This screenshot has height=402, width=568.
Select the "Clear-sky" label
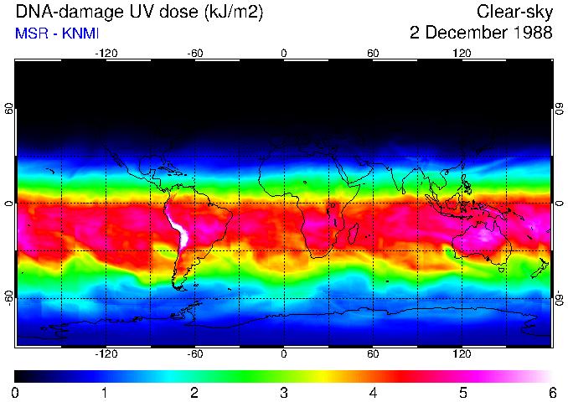pos(514,12)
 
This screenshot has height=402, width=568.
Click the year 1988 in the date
pos(531,33)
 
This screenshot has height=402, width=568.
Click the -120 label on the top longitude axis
pos(106,53)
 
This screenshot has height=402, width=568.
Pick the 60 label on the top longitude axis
pos(373,53)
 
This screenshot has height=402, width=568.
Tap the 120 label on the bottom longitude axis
pos(462,354)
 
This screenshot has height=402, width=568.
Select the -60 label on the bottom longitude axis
pos(195,354)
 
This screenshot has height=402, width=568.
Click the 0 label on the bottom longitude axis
pos(284,354)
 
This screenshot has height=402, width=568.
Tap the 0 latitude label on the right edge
pos(558,204)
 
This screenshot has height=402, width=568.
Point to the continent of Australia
pos(482,244)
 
